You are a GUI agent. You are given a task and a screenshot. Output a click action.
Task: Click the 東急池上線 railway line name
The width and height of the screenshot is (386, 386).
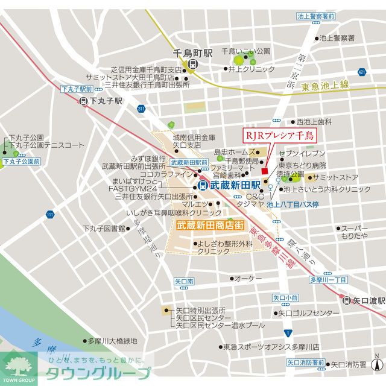pos(325,86)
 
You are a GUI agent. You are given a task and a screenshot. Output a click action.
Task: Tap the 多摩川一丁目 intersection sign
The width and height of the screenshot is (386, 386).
pos(328,280)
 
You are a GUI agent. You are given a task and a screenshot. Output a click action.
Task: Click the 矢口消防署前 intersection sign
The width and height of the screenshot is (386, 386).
pos(305,362)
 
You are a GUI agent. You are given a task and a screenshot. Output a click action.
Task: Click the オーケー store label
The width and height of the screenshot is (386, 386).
pos(248,278)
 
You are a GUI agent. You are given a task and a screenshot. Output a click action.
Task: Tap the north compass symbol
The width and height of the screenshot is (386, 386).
pos(377,364)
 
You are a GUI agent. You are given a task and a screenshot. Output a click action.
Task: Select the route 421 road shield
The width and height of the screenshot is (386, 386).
pos(361,72)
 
